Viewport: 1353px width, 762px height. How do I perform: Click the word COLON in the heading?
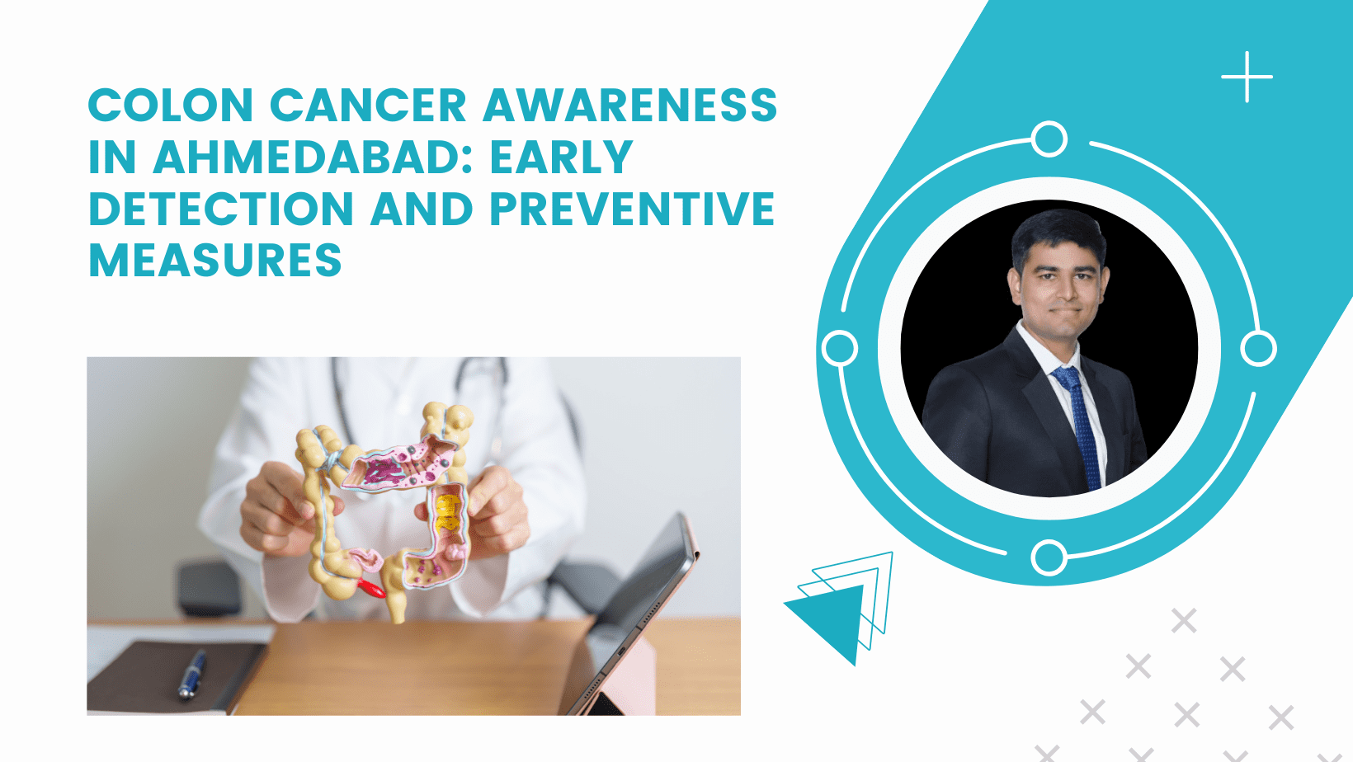point(171,105)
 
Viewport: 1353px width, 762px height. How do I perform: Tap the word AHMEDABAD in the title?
point(313,157)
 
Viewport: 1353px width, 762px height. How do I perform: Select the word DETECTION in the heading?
point(221,209)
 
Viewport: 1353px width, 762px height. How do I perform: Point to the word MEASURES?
point(215,261)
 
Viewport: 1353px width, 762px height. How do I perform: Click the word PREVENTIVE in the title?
point(633,209)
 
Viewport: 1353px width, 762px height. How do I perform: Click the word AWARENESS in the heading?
point(630,105)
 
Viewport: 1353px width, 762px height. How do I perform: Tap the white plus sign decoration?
point(1247,77)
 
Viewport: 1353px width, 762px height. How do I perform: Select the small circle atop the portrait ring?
point(1049,139)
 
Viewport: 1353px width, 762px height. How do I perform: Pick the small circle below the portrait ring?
point(1049,557)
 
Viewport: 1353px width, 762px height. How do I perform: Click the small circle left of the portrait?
point(840,348)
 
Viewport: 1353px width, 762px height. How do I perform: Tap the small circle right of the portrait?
point(1258,348)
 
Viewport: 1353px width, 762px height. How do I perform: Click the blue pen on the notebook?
point(191,675)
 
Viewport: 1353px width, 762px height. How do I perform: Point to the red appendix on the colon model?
point(371,587)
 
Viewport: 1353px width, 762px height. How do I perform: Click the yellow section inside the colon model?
point(448,513)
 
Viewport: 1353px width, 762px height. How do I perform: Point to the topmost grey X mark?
point(1184,621)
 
